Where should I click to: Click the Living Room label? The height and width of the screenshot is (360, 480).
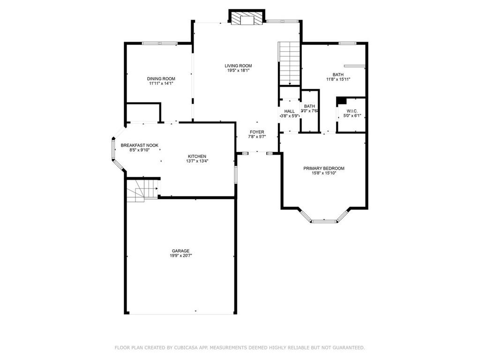click(238, 66)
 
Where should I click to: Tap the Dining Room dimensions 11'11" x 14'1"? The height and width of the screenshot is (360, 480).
click(161, 83)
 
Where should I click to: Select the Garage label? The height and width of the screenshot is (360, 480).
click(180, 251)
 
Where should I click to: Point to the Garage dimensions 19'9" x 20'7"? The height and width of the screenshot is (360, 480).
click(180, 255)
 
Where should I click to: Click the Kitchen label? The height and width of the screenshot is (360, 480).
click(197, 157)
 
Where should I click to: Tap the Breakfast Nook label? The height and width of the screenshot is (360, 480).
click(140, 145)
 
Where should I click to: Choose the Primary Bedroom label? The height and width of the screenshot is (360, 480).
click(324, 168)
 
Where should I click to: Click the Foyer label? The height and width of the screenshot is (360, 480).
click(257, 132)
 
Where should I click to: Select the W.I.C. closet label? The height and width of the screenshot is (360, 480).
click(352, 111)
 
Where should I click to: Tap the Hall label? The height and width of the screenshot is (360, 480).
click(289, 111)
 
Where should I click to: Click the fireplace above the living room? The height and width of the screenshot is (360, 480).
click(247, 18)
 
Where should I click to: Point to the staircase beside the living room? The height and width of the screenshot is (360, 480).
click(289, 63)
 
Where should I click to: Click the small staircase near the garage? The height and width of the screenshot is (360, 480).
click(142, 190)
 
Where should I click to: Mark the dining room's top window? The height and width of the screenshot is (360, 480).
click(160, 44)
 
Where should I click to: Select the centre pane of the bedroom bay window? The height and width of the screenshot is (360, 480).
click(324, 221)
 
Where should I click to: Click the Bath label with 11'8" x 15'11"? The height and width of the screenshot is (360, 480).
click(338, 75)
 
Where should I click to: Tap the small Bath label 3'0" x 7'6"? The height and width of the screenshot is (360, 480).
click(309, 106)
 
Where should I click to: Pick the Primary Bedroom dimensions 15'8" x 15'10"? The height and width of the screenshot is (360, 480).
click(324, 173)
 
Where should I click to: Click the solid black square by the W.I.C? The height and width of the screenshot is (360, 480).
click(341, 101)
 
